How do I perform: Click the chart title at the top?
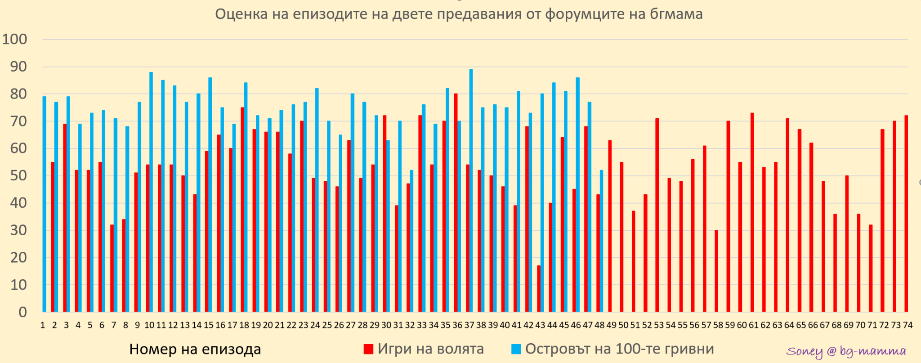point(459,14)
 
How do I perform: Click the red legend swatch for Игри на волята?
point(368,349)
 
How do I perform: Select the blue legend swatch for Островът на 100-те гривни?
point(516,349)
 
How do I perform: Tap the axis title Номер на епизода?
point(195,349)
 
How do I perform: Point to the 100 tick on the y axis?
point(15,39)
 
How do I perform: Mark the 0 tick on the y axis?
point(22,312)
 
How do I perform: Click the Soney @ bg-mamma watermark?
point(846,351)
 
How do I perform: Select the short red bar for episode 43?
point(539,288)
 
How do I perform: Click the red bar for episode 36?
point(456,202)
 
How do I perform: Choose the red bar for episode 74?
point(906,213)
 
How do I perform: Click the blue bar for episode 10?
point(151,192)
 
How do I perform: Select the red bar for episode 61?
point(752,212)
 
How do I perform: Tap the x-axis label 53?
point(658,325)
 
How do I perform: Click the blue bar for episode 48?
point(601,241)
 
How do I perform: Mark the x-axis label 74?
point(908,325)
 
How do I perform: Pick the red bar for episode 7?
point(112,268)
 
